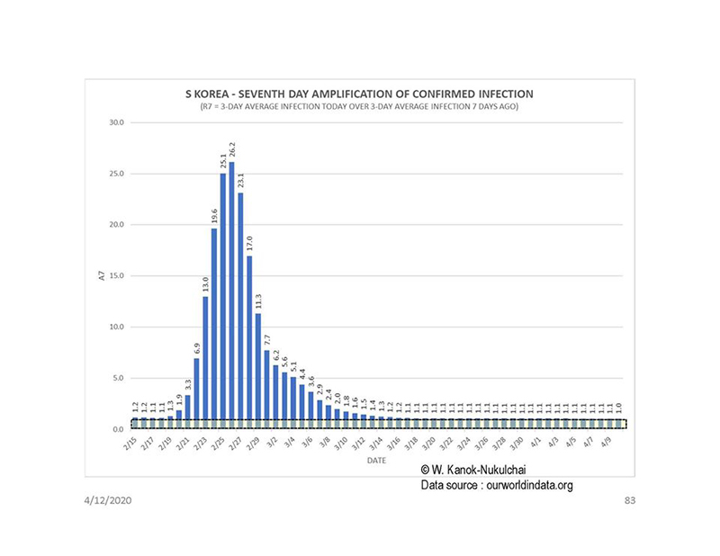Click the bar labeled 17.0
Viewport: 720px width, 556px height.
(249, 342)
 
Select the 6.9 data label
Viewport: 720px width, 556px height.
(196, 347)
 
